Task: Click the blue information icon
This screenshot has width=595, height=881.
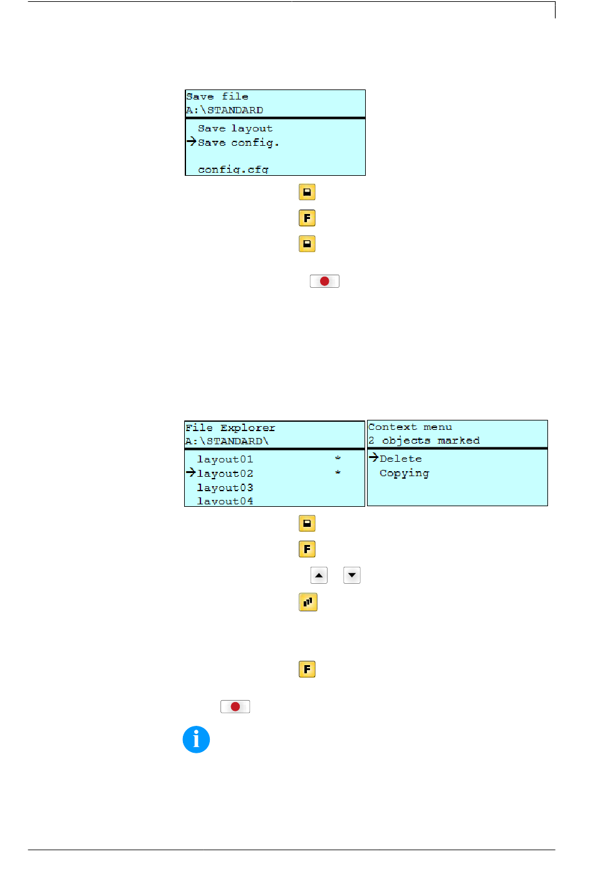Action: pos(196,740)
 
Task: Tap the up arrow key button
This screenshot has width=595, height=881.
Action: pos(319,576)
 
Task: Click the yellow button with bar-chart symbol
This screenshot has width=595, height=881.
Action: pos(308,602)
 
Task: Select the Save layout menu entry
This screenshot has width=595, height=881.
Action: pos(235,129)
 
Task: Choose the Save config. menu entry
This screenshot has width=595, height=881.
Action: pos(238,143)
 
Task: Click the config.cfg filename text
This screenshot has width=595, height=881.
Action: pos(233,170)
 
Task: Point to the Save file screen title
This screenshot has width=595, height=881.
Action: pos(217,96)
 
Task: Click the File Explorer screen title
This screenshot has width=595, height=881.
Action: pos(230,427)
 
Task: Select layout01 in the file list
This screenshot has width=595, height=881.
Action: pos(225,459)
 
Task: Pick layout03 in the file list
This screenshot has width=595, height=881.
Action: pos(225,487)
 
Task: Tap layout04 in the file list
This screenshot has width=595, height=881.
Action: pos(225,501)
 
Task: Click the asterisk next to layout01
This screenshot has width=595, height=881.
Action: pos(338,458)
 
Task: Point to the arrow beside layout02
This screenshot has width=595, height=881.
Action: pos(190,472)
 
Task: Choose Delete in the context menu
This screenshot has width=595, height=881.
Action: pos(400,459)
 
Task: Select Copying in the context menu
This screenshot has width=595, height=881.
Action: pos(404,473)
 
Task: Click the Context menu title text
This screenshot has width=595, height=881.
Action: pos(410,427)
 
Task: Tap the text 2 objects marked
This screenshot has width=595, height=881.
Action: pos(424,440)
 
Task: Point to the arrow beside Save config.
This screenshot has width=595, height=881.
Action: pos(192,141)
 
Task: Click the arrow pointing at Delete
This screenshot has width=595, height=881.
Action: pos(373,457)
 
